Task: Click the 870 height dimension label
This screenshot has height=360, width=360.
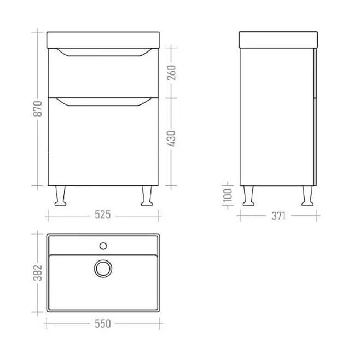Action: coord(38,108)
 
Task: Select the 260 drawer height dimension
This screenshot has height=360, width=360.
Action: coord(171,73)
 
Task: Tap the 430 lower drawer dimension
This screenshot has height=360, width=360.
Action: coord(171,138)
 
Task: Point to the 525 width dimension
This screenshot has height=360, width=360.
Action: coord(103,214)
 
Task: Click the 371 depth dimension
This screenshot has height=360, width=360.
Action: coord(278,216)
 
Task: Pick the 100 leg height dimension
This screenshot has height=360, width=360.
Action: coord(228,195)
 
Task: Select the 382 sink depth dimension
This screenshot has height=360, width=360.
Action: coord(38,273)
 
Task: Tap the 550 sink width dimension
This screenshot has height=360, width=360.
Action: coord(103,324)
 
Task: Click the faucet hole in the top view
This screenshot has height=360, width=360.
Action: coord(103,246)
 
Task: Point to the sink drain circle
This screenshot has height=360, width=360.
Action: coord(103,269)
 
